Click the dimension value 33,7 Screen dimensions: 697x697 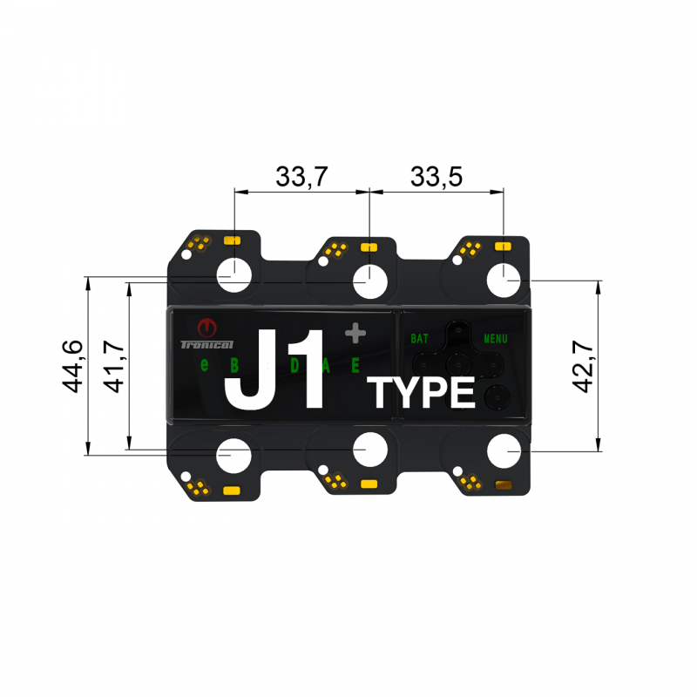[301, 177]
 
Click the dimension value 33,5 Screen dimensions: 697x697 [436, 177]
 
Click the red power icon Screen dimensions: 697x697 [206, 328]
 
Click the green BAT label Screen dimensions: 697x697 [419, 338]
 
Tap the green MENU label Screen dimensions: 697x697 [495, 338]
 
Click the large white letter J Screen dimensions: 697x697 [253, 369]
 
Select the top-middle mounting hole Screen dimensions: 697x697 [369, 281]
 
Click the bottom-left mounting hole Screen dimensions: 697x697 [234, 456]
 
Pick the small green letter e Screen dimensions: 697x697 [205, 365]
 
